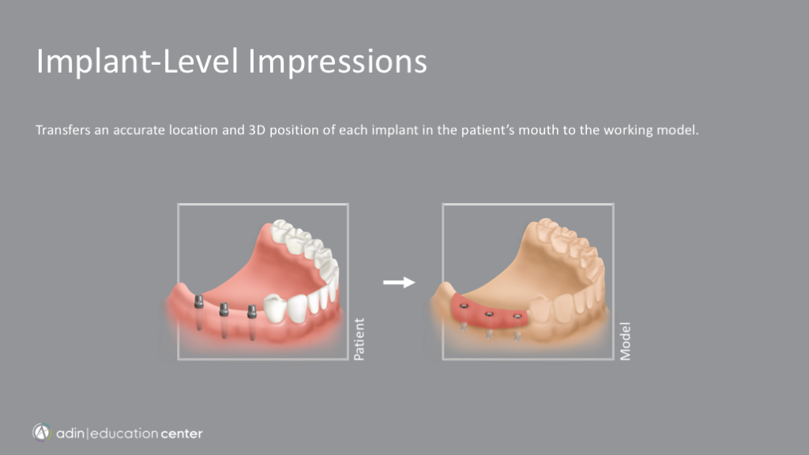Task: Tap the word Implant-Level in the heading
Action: (137, 62)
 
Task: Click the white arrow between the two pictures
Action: (399, 282)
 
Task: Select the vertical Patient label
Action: (359, 339)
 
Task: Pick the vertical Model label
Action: (625, 341)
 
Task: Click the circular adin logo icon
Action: (42, 432)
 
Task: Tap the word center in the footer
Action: (181, 434)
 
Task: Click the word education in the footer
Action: (124, 434)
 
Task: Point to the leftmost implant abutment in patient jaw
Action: (198, 302)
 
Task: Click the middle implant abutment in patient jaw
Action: (224, 310)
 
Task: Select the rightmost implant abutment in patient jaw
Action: (252, 311)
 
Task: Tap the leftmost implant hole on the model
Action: (464, 306)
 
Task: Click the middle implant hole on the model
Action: (489, 314)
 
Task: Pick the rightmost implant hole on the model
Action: (517, 316)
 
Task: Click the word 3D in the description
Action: (257, 130)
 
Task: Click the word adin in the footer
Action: (70, 434)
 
